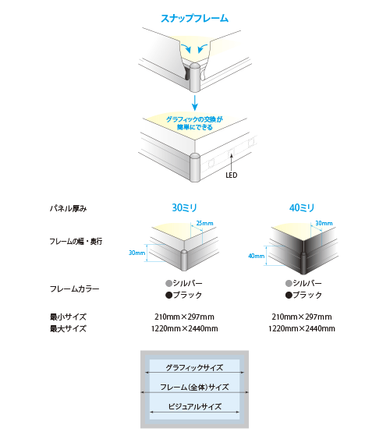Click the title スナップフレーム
194,18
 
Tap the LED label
231,175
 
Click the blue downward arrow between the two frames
194,103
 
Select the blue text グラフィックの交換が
194,119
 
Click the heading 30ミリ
184,207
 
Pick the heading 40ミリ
302,207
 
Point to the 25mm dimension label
204,223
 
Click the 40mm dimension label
257,256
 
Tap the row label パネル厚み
69,208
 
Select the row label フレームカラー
75,289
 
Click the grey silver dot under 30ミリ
169,283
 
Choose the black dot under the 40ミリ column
289,296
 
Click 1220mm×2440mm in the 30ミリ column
185,329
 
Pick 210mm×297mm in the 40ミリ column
302,317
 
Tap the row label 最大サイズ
68,329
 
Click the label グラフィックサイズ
194,367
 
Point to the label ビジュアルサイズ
194,407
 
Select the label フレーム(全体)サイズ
194,387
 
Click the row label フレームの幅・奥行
76,242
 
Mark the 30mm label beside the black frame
324,223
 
